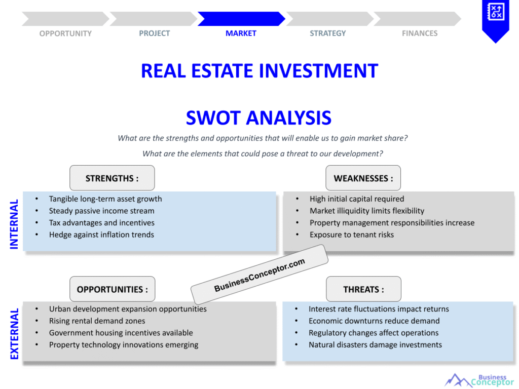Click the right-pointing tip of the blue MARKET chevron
(x=285, y=19)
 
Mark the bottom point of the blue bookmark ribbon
(x=496, y=43)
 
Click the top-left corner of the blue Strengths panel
(x=23, y=192)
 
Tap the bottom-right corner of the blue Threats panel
(x=513, y=361)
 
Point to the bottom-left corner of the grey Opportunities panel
(x=23, y=361)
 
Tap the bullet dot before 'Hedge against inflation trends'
(x=36, y=235)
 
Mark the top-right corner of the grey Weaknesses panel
(x=514, y=192)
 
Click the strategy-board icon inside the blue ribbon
(x=496, y=12)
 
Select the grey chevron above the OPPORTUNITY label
(x=65, y=19)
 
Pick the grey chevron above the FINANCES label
(x=418, y=19)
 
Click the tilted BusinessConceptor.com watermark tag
(x=259, y=275)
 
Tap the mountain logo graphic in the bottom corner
(x=458, y=380)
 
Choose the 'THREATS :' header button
(x=363, y=289)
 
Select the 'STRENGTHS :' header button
(x=112, y=178)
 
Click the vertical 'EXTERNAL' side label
(x=14, y=334)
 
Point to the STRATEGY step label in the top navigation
(x=328, y=33)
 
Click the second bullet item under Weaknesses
(x=367, y=211)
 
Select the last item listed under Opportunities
(x=124, y=344)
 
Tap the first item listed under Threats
(x=379, y=309)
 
